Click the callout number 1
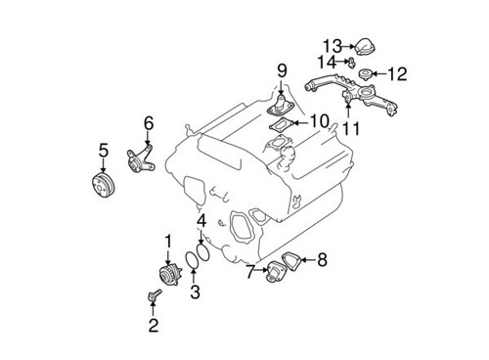(168, 241)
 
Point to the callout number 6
(149, 123)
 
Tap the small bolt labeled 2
(156, 295)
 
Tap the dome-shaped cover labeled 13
(364, 44)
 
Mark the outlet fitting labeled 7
(268, 273)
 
